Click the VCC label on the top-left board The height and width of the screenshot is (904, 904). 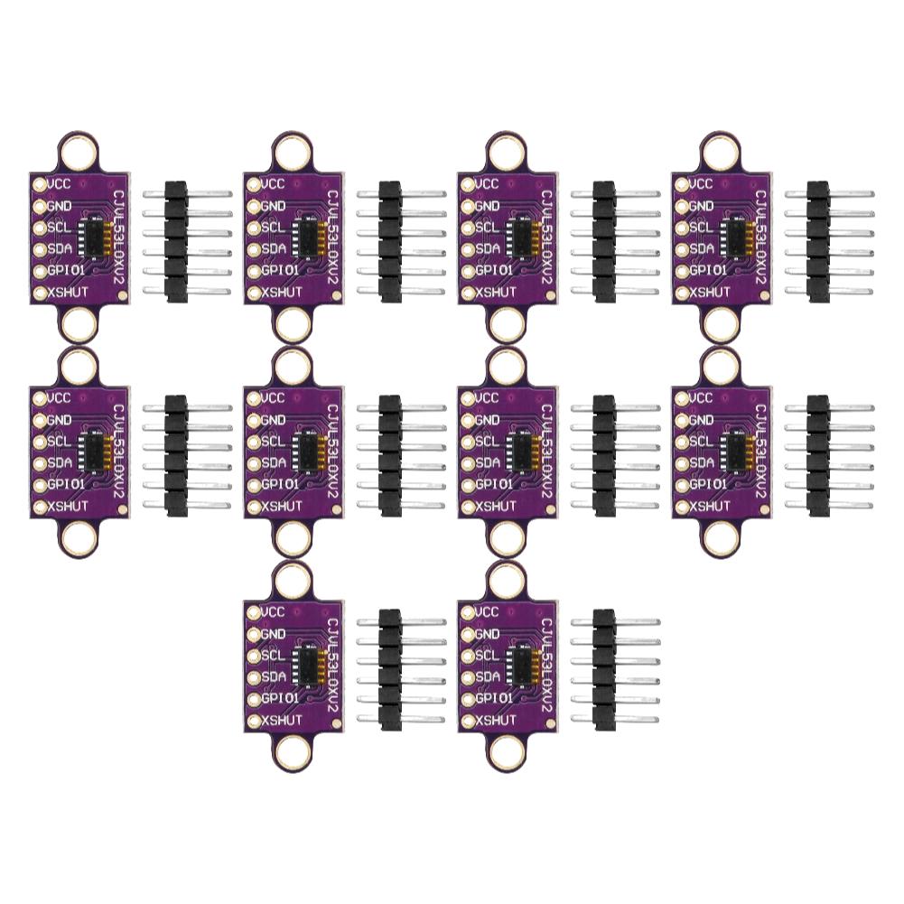pyautogui.click(x=60, y=184)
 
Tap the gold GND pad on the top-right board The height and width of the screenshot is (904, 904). pyautogui.click(x=682, y=207)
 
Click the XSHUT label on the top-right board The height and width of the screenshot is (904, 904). pyautogui.click(x=710, y=293)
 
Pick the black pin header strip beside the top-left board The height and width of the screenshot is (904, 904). pyautogui.click(x=176, y=241)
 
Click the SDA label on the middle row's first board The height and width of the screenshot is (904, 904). pyautogui.click(x=59, y=463)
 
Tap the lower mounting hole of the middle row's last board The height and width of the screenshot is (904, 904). pyautogui.click(x=722, y=538)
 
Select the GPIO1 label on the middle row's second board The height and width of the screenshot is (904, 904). pyautogui.click(x=281, y=484)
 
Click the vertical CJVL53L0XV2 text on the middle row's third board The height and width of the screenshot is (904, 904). pyautogui.click(x=547, y=452)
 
